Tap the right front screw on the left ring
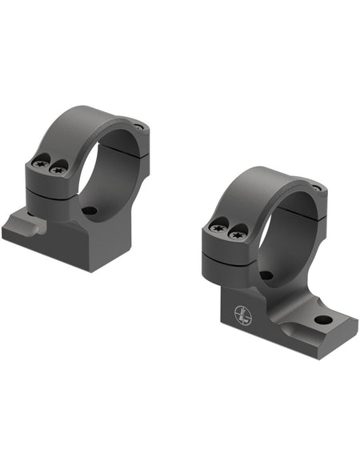(x=57, y=169)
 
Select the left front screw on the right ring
(x=218, y=228)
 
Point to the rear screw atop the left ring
(x=142, y=127)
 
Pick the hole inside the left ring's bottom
(x=90, y=211)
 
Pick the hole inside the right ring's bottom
(x=267, y=275)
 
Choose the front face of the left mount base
(x=48, y=250)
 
